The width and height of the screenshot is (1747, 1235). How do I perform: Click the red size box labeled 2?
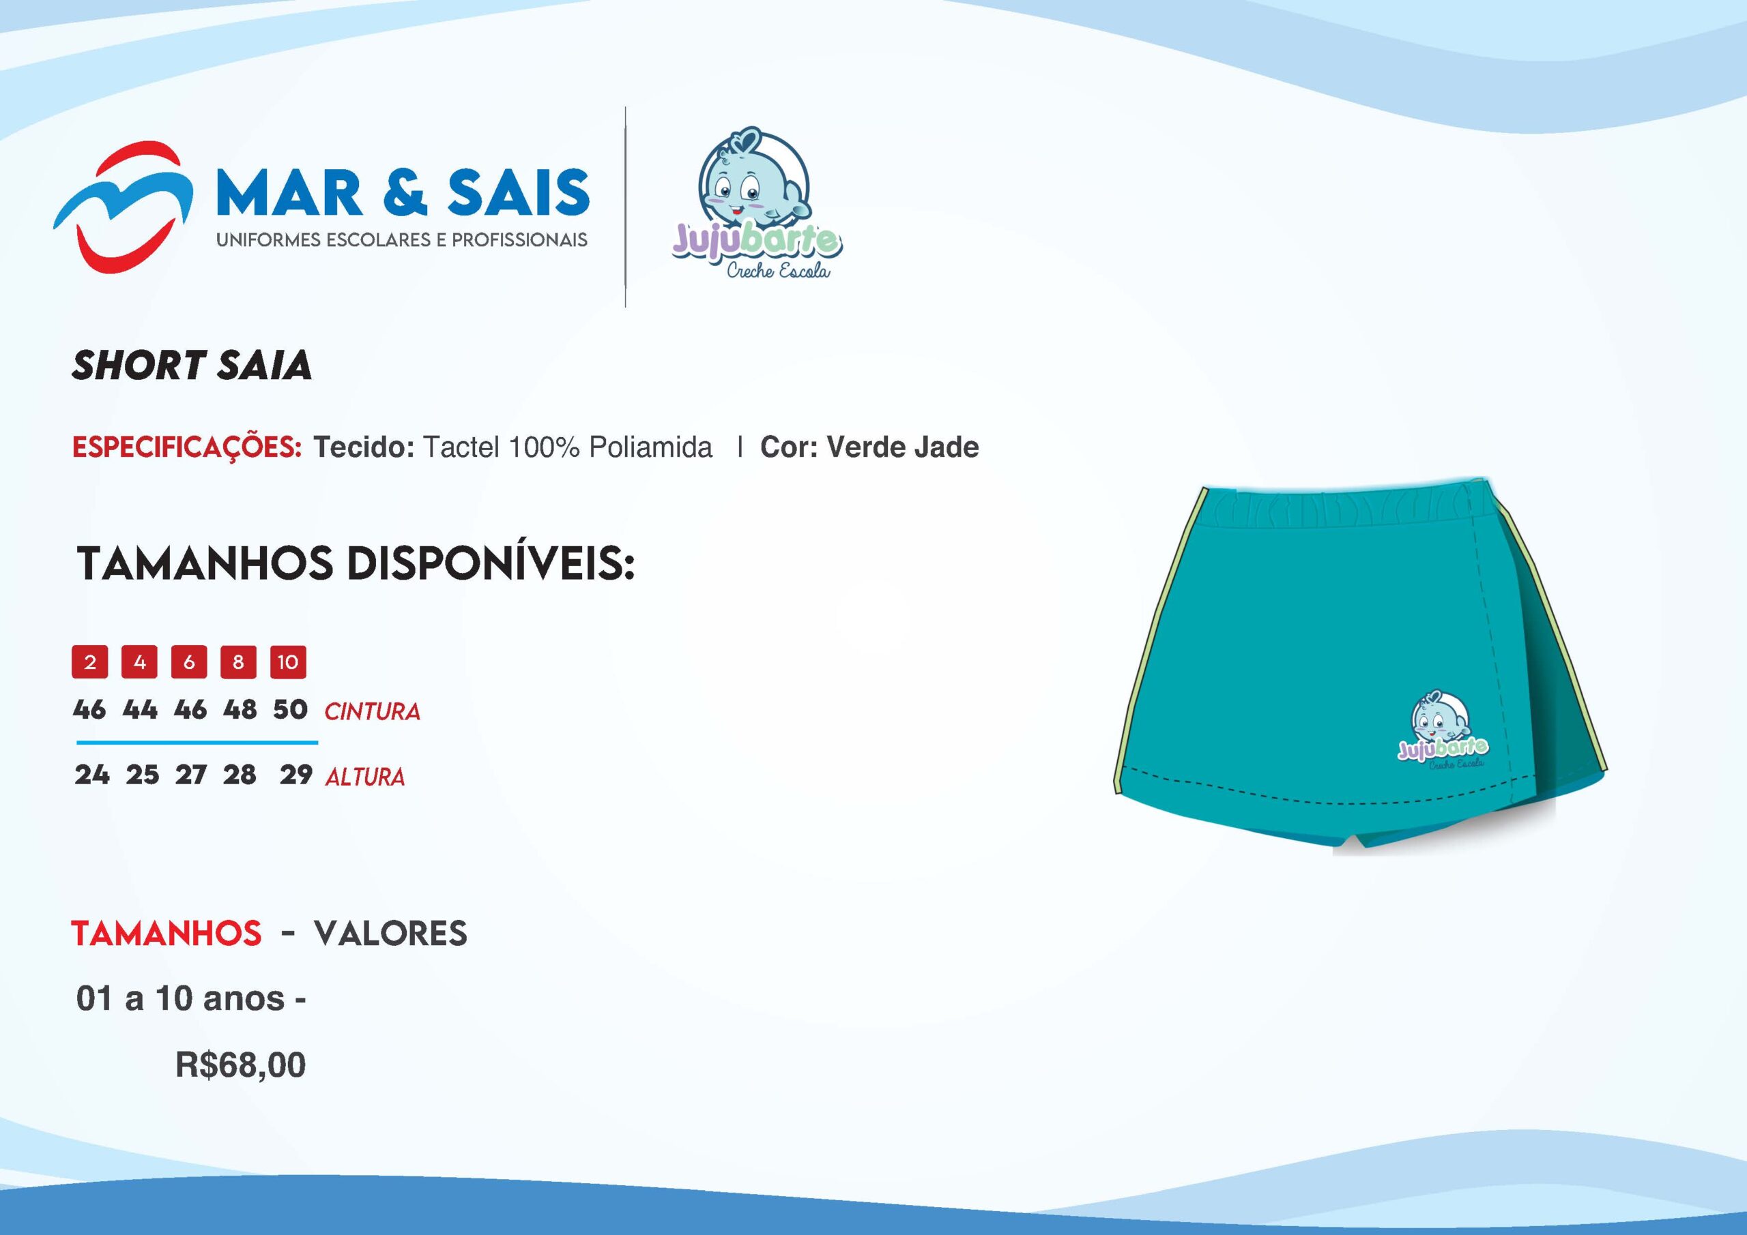pos(90,661)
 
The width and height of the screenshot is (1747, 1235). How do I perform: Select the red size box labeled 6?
pos(190,661)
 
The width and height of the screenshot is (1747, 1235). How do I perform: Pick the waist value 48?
pos(240,709)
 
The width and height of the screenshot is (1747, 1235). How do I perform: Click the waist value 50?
pos(290,709)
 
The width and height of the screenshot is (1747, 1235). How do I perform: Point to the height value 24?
pos(92,775)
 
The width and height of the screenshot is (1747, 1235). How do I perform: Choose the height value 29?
pos(296,775)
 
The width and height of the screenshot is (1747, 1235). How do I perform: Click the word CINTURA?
pos(372,712)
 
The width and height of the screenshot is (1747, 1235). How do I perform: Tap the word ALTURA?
pos(365,777)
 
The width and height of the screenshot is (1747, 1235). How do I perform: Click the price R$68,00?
pos(240,1065)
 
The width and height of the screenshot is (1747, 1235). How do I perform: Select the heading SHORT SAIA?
pos(192,365)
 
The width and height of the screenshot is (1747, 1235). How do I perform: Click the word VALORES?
pos(390,933)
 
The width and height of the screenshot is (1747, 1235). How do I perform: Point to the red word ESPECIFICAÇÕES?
pos(186,447)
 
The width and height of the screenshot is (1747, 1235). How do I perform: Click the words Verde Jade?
pos(902,447)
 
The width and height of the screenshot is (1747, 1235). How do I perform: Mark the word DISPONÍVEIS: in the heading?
pos(490,563)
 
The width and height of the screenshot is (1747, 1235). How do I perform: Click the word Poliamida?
pos(650,447)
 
